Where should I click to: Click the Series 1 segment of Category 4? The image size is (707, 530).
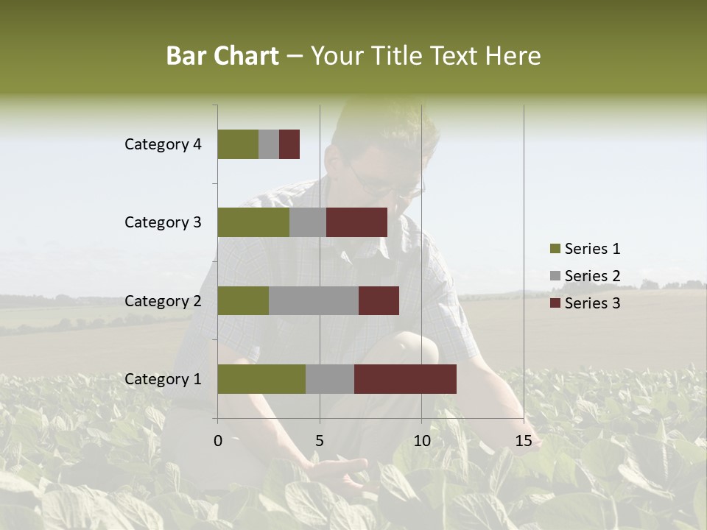click(x=238, y=144)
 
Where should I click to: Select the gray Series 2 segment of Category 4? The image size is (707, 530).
click(x=269, y=144)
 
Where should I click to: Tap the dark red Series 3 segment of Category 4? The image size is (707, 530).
click(x=289, y=144)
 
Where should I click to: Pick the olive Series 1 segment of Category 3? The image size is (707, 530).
click(x=253, y=222)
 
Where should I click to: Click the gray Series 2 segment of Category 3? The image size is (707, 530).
click(x=308, y=222)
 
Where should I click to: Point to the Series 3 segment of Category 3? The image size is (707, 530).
click(x=356, y=222)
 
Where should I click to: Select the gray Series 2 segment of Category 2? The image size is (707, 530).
click(x=314, y=300)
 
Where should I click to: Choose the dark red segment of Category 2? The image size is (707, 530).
click(x=379, y=300)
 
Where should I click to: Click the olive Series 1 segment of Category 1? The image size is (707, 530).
click(x=261, y=379)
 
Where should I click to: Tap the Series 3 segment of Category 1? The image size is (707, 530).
click(x=405, y=379)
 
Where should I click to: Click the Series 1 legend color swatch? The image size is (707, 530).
click(x=555, y=249)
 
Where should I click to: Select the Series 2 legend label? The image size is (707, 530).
click(x=592, y=276)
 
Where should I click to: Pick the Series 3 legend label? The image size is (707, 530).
click(x=592, y=303)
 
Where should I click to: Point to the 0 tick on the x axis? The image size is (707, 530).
click(x=218, y=441)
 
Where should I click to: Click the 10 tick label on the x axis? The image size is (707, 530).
click(x=421, y=441)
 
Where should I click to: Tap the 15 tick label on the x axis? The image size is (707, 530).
click(x=524, y=441)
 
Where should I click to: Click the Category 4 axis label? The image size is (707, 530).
click(x=163, y=144)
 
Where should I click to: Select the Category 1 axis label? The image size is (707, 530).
click(x=163, y=379)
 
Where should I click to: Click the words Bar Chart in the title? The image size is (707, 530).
click(x=222, y=56)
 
